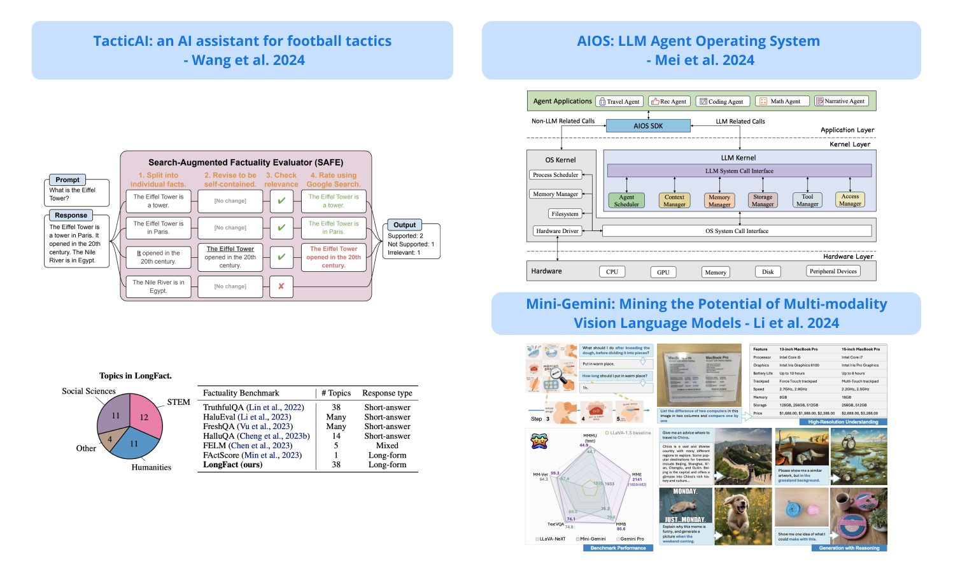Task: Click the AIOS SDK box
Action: tap(648, 126)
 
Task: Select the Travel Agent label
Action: tap(619, 101)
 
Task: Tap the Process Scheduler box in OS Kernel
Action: tap(555, 174)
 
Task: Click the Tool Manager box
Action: tap(807, 201)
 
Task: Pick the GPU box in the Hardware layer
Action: tap(663, 272)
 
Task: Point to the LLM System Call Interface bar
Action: tap(739, 171)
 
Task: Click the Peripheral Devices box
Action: tap(833, 271)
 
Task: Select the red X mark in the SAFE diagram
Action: tap(281, 286)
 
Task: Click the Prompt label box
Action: tap(67, 180)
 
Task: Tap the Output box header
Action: tap(404, 225)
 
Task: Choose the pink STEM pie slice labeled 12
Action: tap(145, 414)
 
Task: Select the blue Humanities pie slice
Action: tap(134, 445)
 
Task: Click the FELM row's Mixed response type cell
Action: tap(386, 446)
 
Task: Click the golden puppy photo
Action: tap(743, 516)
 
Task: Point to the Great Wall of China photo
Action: tap(743, 456)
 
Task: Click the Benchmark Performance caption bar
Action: tap(618, 548)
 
